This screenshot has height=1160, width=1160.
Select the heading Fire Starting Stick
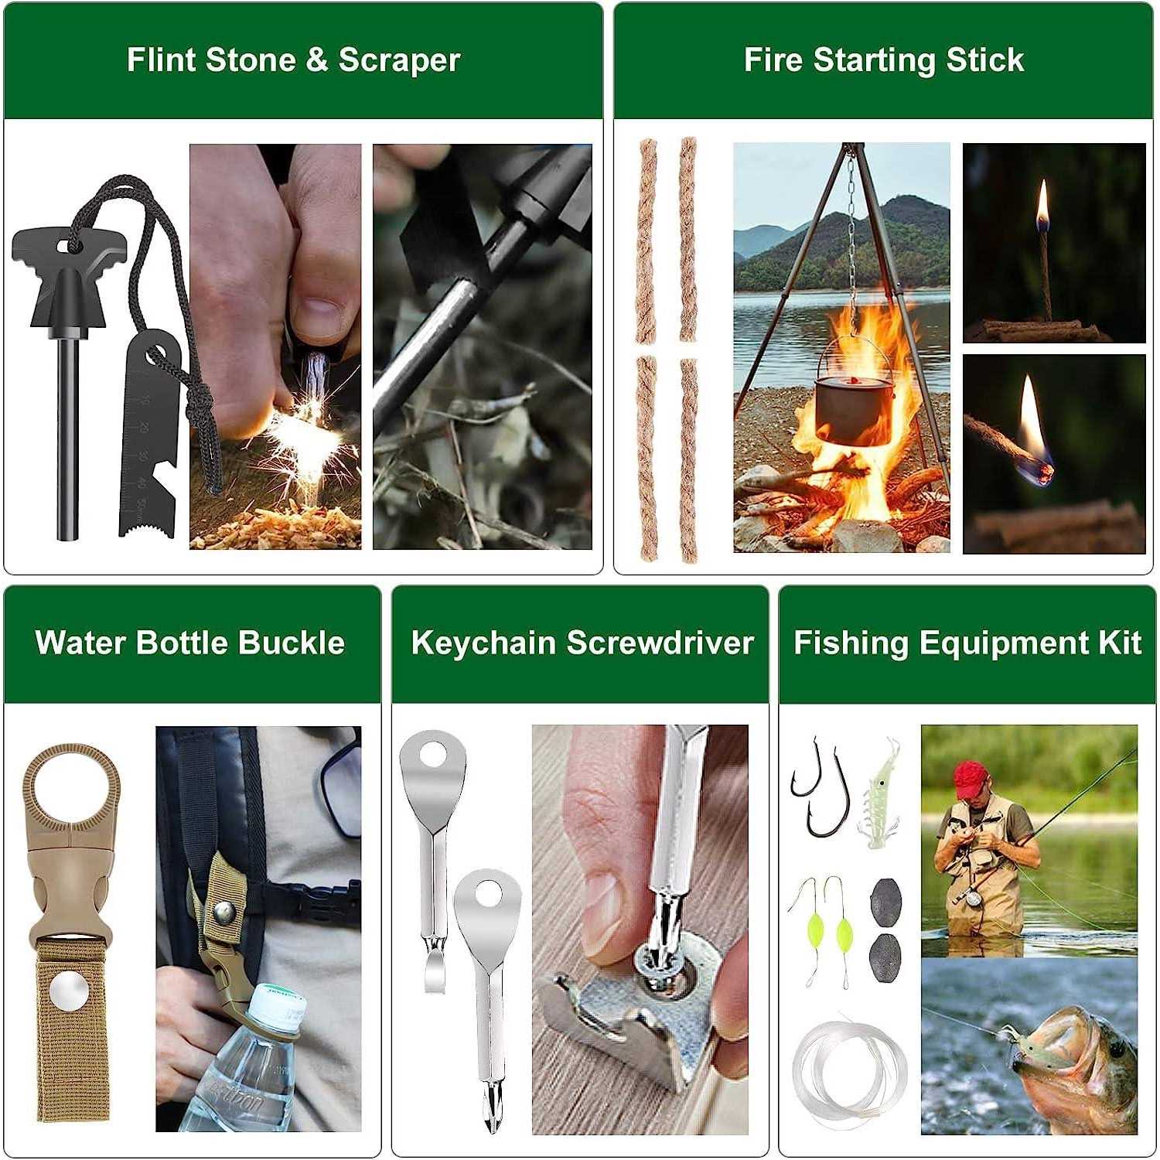pyautogui.click(x=883, y=60)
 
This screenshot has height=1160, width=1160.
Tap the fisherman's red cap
pyautogui.click(x=970, y=778)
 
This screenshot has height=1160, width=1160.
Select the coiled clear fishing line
pyautogui.click(x=848, y=1071)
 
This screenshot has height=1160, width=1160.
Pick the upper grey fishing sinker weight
pyautogui.click(x=885, y=899)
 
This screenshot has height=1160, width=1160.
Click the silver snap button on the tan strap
pyautogui.click(x=69, y=991)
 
